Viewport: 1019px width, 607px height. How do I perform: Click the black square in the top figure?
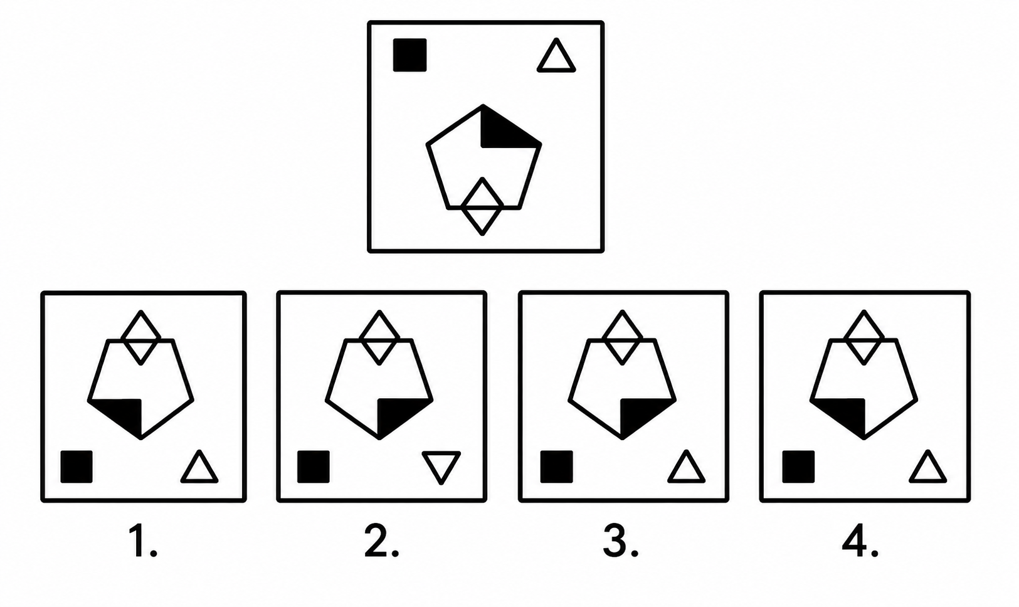[410, 55]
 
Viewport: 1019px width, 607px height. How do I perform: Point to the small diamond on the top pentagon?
[482, 206]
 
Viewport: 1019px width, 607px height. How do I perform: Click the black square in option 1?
[77, 467]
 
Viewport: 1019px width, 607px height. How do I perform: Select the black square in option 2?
[314, 467]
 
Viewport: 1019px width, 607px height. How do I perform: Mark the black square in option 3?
[556, 467]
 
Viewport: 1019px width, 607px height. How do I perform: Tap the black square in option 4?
[798, 467]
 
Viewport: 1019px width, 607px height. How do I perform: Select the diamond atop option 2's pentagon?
[379, 337]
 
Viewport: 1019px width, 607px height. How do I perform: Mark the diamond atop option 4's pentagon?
[864, 337]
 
